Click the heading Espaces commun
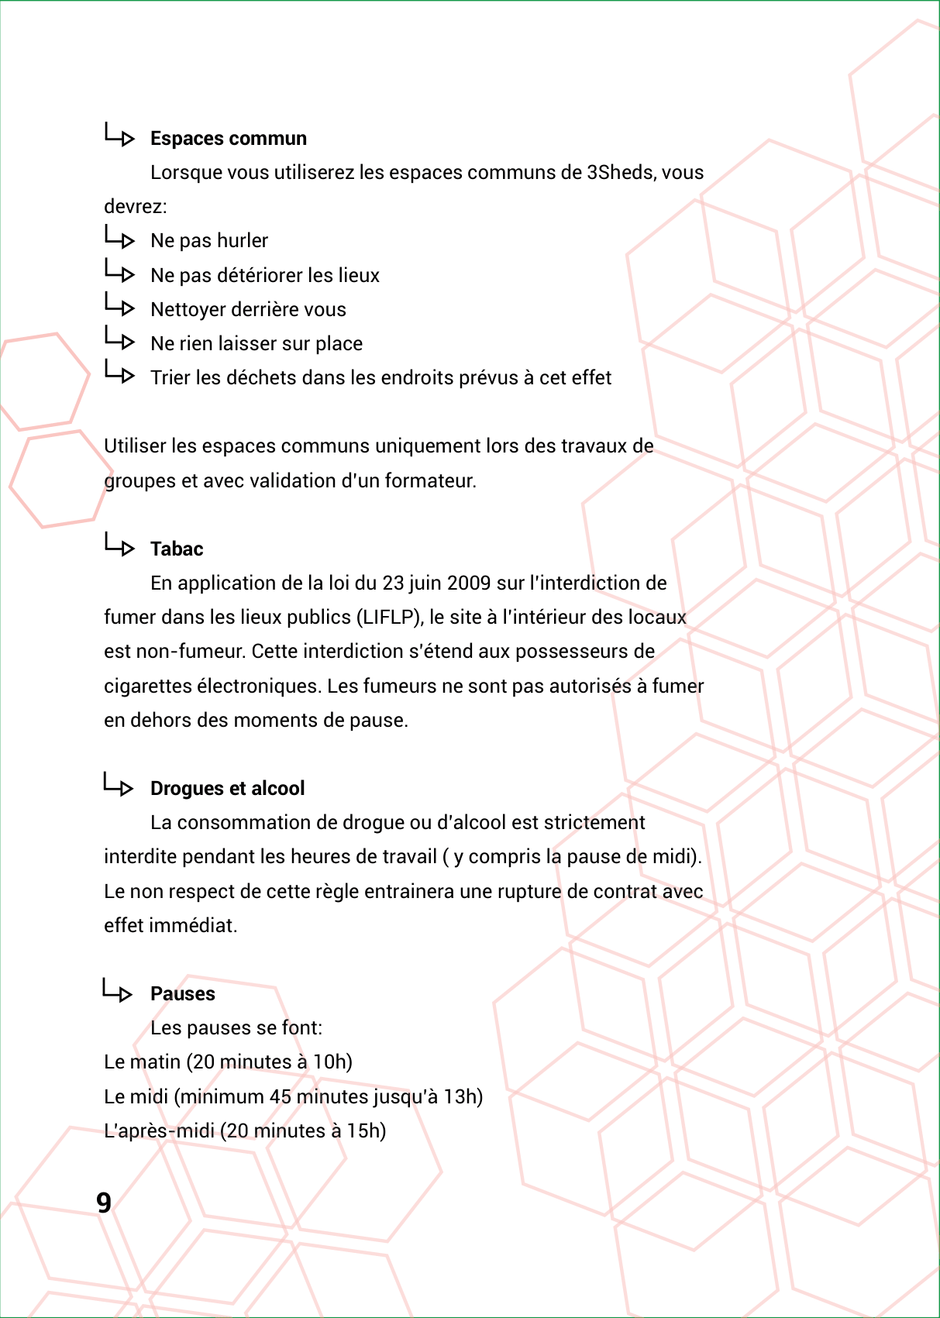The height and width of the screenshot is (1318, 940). [x=229, y=139]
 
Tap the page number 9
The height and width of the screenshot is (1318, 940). [x=104, y=1203]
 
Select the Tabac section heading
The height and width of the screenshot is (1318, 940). [x=177, y=549]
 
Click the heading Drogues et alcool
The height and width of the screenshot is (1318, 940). [x=227, y=789]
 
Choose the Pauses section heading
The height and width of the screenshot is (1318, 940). [x=183, y=994]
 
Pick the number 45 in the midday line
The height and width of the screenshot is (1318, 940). [x=280, y=1097]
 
